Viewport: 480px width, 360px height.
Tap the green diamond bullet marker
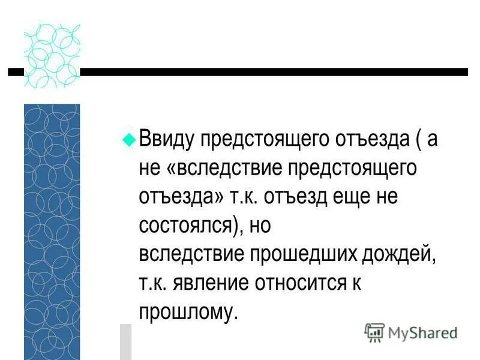point(127,137)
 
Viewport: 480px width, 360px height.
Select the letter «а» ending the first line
point(433,140)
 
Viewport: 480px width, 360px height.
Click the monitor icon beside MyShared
point(374,332)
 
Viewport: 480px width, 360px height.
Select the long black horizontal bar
point(273,71)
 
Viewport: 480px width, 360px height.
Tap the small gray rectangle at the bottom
point(125,341)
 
